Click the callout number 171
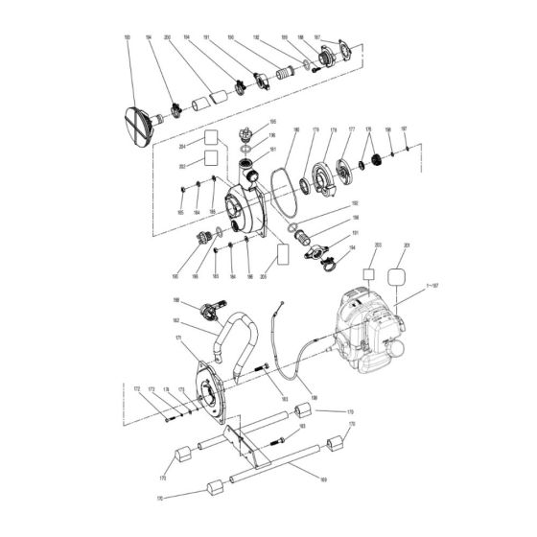pos(175,339)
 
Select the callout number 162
pos(176,320)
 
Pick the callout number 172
pos(137,388)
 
